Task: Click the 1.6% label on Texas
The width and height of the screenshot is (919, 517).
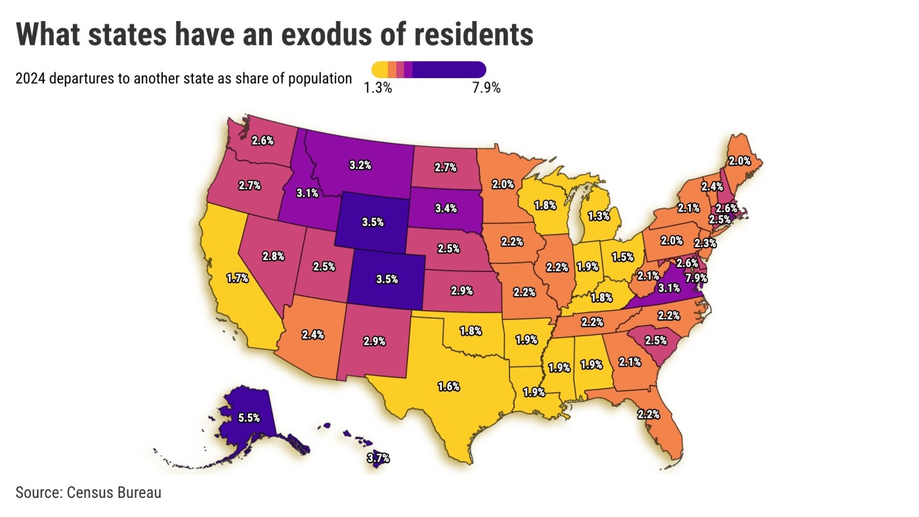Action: (448, 386)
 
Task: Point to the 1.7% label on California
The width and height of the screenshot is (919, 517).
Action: (237, 278)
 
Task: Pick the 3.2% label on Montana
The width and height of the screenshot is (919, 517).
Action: (360, 165)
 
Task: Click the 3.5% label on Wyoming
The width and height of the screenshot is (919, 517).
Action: (373, 222)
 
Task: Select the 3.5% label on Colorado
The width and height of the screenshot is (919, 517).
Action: (387, 279)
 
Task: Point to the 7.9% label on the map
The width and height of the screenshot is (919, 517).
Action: (696, 278)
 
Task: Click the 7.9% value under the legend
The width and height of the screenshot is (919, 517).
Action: (486, 88)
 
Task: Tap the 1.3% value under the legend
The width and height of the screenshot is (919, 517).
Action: (378, 88)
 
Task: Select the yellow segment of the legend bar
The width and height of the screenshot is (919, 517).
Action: (379, 69)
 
